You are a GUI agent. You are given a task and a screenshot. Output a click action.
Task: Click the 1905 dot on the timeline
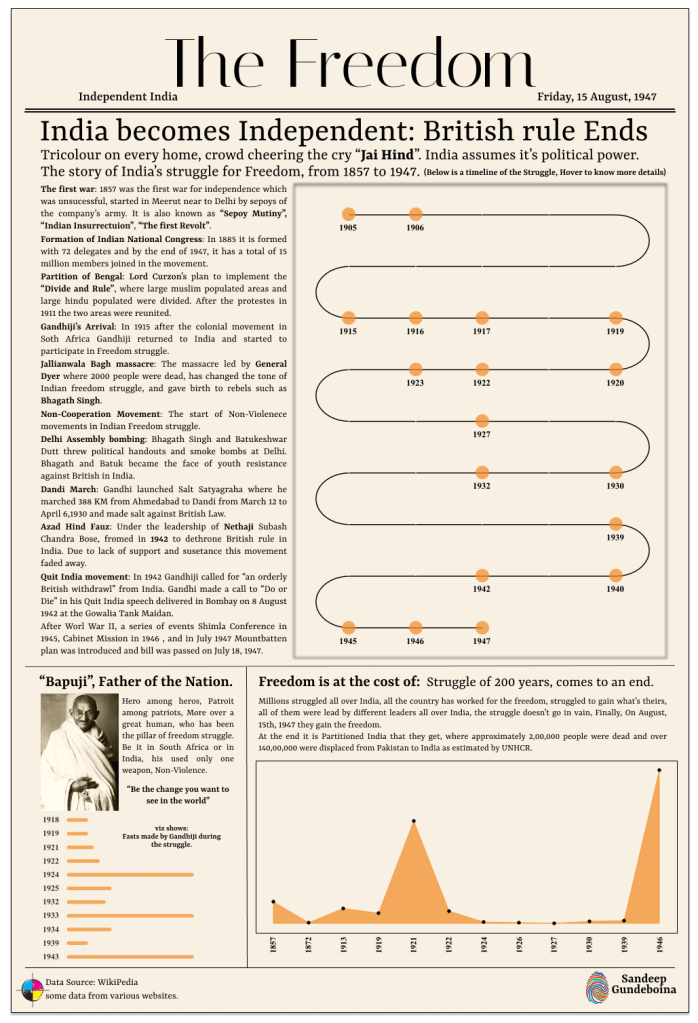click(x=348, y=213)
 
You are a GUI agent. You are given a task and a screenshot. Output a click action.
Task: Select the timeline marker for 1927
click(x=482, y=421)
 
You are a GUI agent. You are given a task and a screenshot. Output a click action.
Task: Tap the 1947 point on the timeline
click(x=482, y=627)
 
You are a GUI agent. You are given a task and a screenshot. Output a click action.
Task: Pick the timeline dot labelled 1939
click(x=615, y=523)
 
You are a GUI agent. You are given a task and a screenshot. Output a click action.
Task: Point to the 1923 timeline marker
click(x=415, y=369)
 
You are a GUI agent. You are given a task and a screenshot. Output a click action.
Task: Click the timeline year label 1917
click(x=482, y=331)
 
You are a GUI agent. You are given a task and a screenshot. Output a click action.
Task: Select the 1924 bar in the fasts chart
click(x=129, y=874)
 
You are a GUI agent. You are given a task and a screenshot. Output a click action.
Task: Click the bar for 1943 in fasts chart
click(x=129, y=957)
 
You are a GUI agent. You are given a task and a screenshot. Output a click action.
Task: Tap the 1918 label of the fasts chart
click(x=51, y=820)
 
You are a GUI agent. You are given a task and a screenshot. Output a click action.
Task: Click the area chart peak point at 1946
click(x=659, y=770)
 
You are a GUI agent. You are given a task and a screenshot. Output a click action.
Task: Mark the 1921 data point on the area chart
click(x=413, y=821)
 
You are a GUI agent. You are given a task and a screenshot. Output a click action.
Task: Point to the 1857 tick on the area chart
click(x=273, y=944)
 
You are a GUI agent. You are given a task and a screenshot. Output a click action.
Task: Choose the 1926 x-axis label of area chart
click(x=519, y=944)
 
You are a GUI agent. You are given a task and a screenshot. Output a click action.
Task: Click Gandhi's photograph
click(x=79, y=753)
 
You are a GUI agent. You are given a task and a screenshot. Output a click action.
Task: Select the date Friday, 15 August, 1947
click(x=596, y=97)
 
